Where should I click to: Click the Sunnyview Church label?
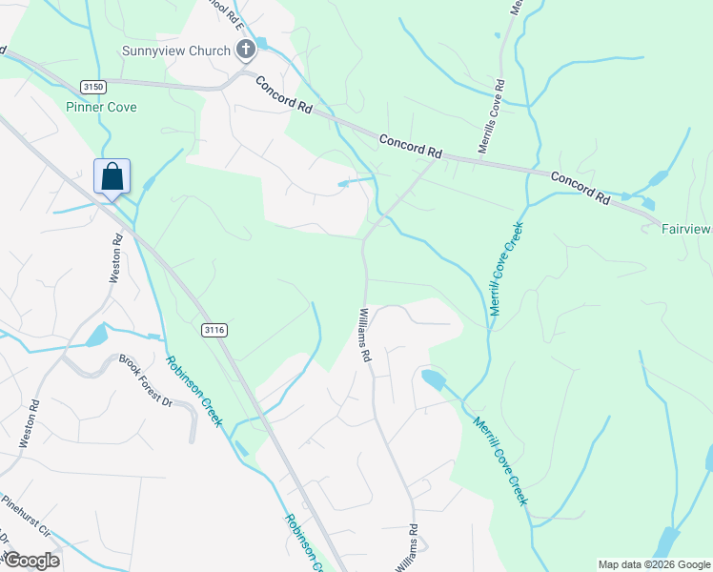176,51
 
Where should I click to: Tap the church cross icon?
245,50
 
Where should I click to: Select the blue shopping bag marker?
112,177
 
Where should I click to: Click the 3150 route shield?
92,86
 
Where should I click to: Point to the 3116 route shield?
214,329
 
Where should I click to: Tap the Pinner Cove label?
101,107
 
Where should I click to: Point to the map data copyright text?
654,564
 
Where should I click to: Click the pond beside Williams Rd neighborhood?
432,380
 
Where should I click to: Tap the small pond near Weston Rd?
97,335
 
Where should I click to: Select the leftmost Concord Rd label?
284,95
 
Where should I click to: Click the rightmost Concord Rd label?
580,188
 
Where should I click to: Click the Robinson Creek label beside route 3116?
194,391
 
